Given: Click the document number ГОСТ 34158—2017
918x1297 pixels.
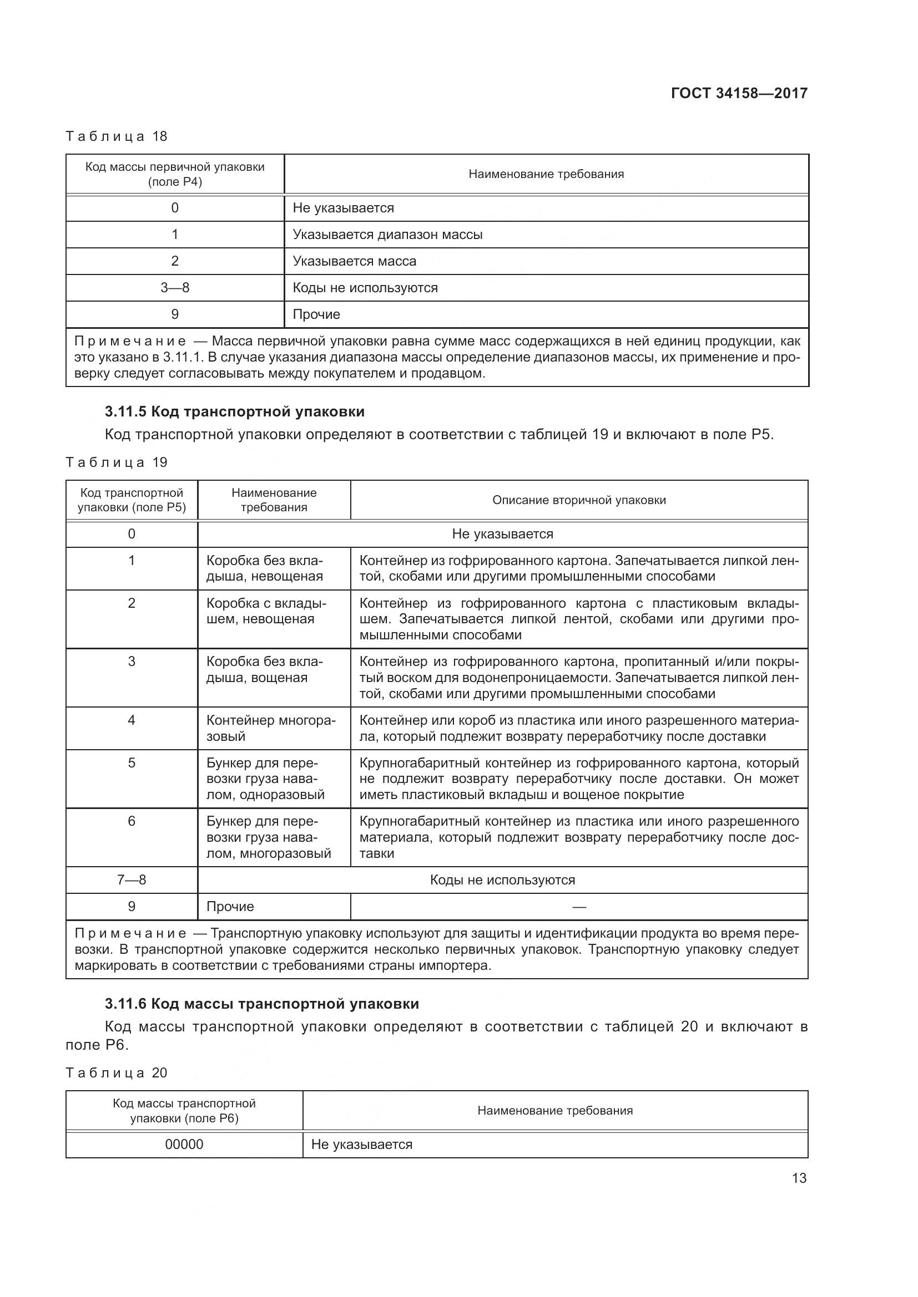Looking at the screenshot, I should point(739,93).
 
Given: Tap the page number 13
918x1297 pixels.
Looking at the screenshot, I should point(799,1178).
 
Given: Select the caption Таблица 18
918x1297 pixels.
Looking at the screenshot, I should point(117,136).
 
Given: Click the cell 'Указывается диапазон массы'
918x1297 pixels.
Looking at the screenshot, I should point(387,235).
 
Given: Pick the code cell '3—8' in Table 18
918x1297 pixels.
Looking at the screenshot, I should point(175,288).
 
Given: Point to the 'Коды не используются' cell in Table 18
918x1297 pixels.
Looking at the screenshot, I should point(365,288).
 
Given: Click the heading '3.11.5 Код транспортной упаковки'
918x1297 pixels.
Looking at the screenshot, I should point(235,412).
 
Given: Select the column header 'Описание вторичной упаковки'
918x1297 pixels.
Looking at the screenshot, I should point(579,500).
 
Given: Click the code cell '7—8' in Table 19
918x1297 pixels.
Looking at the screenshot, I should point(132,879).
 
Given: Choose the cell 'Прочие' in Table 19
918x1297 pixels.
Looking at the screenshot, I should point(230,907).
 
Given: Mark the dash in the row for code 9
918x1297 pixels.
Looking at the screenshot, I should point(579,907).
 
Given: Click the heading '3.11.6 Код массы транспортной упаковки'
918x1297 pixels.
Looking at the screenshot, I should point(262,1004).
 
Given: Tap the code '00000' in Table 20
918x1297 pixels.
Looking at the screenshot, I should point(184,1145).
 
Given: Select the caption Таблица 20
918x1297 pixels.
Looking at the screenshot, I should point(117,1073).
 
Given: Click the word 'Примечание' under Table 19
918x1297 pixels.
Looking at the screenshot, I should point(130,933).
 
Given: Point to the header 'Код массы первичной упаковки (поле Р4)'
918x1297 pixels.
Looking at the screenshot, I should point(175,174).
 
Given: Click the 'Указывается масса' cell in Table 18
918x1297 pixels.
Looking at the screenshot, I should point(355,261).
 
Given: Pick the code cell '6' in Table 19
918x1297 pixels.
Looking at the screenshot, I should point(132,821).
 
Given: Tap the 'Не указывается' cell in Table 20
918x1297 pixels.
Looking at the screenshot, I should point(362,1145).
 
